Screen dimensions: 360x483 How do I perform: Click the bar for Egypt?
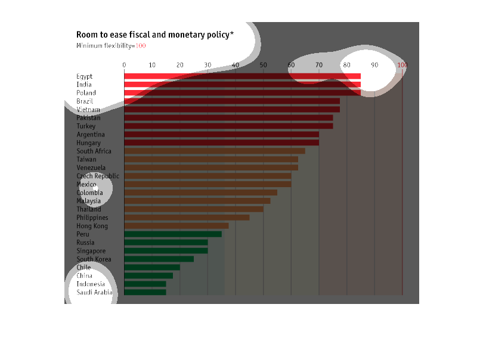tap(242, 76)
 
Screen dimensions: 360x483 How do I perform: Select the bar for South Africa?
tap(215, 151)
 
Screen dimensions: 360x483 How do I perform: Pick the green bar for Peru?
tap(173, 234)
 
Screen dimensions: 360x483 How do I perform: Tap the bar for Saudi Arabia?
tap(145, 292)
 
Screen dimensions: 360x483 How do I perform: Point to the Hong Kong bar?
tap(177, 226)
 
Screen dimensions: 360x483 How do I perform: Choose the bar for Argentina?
tap(221, 135)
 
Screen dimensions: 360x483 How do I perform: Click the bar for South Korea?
tap(159, 259)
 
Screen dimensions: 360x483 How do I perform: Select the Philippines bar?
tap(187, 218)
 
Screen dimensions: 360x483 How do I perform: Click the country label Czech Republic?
tap(98, 176)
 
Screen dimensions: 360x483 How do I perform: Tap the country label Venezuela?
tap(91, 168)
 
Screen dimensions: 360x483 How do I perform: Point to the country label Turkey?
tap(86, 126)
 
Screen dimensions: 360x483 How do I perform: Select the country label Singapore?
tap(91, 251)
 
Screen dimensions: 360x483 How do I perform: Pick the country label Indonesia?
tap(91, 284)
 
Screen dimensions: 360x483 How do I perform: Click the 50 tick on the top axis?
tap(263, 65)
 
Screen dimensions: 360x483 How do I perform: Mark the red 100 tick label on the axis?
tap(402, 65)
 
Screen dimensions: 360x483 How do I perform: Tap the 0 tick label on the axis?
tap(124, 65)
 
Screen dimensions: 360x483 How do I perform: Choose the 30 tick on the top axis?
tap(208, 65)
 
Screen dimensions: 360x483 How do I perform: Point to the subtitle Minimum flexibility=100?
tap(111, 46)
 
